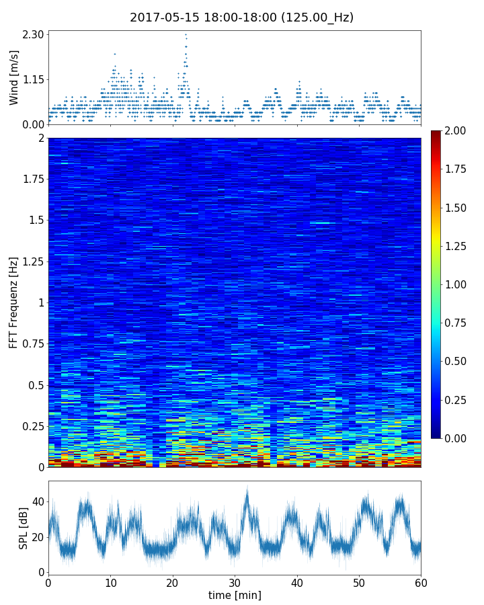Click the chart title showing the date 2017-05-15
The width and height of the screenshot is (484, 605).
[x=241, y=17]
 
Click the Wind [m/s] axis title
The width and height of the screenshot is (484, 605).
[x=14, y=77]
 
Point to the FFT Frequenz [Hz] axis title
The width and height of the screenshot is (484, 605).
[x=14, y=302]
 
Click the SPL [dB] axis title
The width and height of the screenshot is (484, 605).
[x=24, y=527]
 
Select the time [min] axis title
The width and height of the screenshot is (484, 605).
[x=235, y=595]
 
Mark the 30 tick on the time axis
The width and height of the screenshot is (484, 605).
[x=235, y=582]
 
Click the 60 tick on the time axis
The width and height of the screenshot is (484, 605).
[x=421, y=582]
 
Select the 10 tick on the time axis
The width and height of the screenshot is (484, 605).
[x=110, y=582]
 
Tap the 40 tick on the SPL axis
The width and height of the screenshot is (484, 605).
[x=38, y=501]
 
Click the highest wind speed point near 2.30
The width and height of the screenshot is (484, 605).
[x=186, y=34]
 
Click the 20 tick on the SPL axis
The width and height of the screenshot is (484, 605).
[x=38, y=537]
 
